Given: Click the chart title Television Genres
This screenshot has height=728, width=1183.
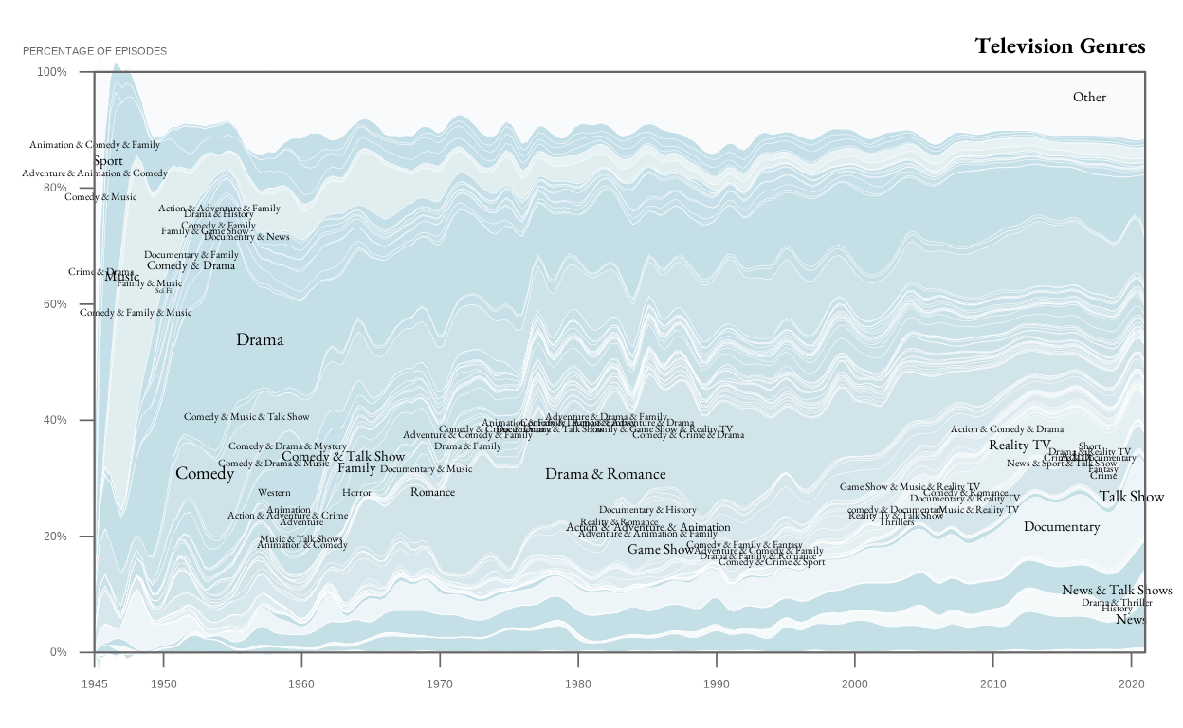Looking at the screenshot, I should coord(1060,45).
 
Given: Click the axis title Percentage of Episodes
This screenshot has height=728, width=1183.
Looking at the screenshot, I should coord(95,50).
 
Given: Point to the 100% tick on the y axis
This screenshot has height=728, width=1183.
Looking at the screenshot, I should coord(52,72).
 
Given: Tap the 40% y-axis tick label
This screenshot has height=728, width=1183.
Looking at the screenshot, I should coord(52,420).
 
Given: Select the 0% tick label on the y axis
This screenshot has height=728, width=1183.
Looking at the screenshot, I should coord(58,652).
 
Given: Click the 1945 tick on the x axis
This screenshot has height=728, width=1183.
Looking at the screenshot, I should coord(95,683).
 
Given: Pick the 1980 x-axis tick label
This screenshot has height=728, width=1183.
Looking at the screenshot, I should coord(578,683).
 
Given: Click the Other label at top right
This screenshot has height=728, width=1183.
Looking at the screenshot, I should coord(1089,97).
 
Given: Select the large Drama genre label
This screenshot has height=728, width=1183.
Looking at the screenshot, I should coord(260,339).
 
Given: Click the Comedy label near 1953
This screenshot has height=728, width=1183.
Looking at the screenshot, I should coord(205,473).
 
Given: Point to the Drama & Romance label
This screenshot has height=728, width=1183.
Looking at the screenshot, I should coord(605,474).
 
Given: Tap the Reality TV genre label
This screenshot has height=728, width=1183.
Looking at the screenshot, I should coord(1020,445).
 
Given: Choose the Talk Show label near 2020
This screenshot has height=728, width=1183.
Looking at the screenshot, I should coord(1131,497).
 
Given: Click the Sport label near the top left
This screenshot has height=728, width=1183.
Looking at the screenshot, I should coord(108,161).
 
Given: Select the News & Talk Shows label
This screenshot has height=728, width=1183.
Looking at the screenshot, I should coord(1117,590).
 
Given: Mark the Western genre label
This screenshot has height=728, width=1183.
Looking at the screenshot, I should coord(274,493).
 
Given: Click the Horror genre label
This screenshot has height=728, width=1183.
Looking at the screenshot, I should coord(356,493).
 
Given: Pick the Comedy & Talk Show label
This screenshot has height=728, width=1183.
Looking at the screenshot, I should coord(343,457).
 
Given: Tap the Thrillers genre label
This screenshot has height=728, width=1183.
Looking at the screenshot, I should coord(897,522).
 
